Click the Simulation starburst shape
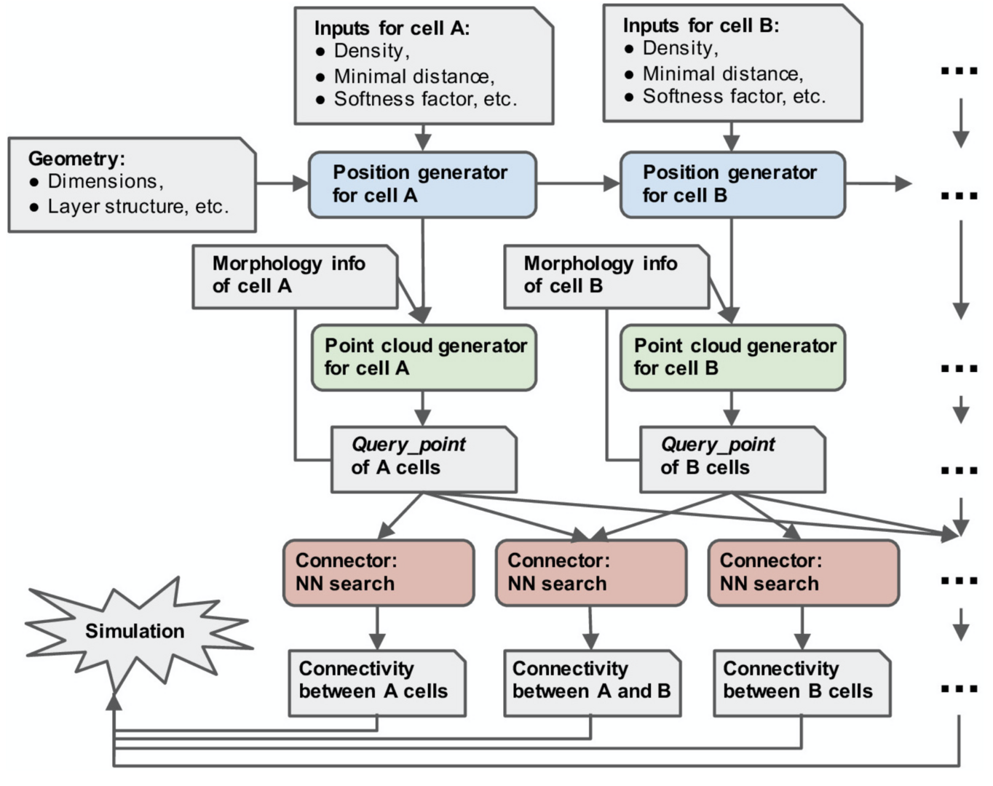pyautogui.click(x=135, y=630)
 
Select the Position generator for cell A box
pyautogui.click(x=422, y=185)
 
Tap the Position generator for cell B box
pyautogui.click(x=732, y=185)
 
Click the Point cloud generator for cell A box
pyautogui.click(x=424, y=357)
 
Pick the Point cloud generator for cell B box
pyautogui.click(x=732, y=357)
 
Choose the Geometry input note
pyautogui.click(x=132, y=185)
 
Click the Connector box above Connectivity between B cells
pyautogui.click(x=803, y=573)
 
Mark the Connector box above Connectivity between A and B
pyautogui.click(x=590, y=573)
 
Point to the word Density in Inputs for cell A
pyautogui.click(x=368, y=51)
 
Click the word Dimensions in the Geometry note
pyautogui.click(x=102, y=181)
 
